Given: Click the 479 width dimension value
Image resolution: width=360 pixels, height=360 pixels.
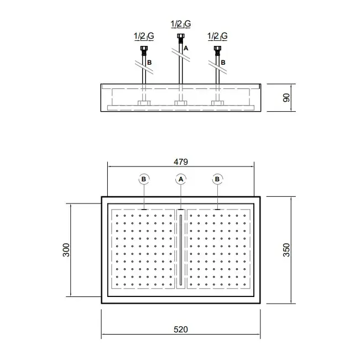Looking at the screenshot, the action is [x=181, y=162].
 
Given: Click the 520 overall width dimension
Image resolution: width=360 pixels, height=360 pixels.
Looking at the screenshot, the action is [x=181, y=330].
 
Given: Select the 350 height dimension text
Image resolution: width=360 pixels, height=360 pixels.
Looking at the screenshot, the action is [x=286, y=250].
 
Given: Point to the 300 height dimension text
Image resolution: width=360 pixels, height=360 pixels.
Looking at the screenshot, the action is [x=66, y=250].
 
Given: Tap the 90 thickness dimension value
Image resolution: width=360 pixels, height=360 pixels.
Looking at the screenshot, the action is [x=286, y=97].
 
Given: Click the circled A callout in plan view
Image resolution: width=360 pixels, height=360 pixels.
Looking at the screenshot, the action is [x=181, y=179].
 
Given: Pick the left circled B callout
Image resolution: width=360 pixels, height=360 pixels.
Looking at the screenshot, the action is [x=144, y=179].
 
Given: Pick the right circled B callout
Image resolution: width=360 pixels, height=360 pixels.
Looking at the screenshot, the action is [x=217, y=179].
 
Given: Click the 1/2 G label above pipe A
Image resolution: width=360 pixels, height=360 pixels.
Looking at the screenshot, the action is [x=181, y=24].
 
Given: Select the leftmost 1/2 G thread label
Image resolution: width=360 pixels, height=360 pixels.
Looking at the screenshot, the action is [x=144, y=36].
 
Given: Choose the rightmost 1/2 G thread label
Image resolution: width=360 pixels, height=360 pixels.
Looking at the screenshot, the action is [x=217, y=36].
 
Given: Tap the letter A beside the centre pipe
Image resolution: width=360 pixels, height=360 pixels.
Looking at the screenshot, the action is [x=186, y=48].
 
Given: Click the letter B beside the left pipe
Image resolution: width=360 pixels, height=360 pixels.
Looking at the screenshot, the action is [x=149, y=62].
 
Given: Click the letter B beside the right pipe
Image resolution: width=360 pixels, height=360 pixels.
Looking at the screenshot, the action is [x=223, y=62].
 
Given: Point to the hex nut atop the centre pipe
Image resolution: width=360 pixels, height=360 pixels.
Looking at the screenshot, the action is [x=181, y=36].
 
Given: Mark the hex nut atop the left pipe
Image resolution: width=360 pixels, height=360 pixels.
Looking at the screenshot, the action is [x=144, y=48].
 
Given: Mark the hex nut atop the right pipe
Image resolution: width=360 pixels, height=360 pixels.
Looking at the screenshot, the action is [x=217, y=48].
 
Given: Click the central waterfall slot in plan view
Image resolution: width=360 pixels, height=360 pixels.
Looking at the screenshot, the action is [x=181, y=250].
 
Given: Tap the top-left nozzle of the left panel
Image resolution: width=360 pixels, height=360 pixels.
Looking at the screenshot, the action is [x=117, y=216].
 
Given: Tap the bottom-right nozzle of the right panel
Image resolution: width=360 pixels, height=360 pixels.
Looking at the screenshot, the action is [x=244, y=284].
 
